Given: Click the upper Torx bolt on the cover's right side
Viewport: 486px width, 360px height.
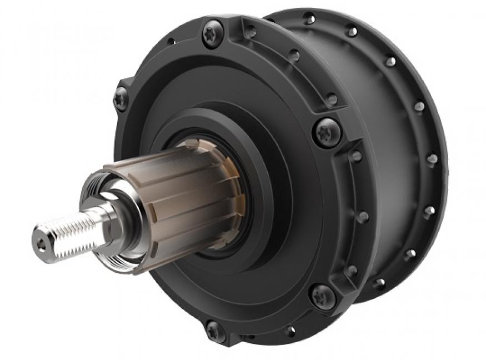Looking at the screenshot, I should [x=326, y=132].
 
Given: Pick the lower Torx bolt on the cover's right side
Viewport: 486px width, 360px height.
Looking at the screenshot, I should [x=323, y=295].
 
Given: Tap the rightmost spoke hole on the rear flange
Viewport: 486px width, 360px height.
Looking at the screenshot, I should [x=433, y=159].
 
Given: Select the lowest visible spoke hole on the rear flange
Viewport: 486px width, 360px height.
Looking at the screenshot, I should [x=379, y=283].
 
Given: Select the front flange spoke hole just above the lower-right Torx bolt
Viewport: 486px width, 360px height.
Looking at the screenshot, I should [x=351, y=271].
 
